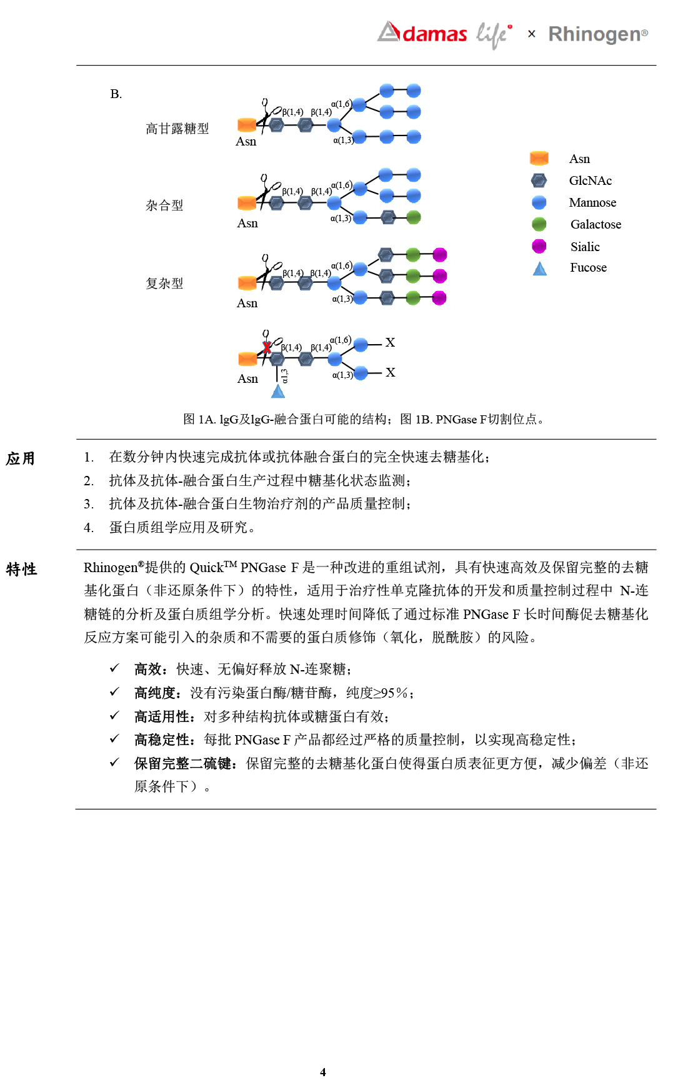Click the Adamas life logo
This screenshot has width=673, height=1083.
pyautogui.click(x=444, y=34)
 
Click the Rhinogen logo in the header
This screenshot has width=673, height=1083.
pyautogui.click(x=597, y=34)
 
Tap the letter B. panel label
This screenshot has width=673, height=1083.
pyautogui.click(x=116, y=94)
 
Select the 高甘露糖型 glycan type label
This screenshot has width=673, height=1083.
pyautogui.click(x=177, y=129)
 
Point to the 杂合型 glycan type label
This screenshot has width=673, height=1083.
pyautogui.click(x=164, y=205)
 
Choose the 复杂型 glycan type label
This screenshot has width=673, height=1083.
pyautogui.click(x=164, y=284)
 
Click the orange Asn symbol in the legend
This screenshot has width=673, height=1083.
pyautogui.click(x=539, y=159)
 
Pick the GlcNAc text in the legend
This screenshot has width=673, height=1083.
pyautogui.click(x=590, y=180)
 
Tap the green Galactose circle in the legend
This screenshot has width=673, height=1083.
pyautogui.click(x=539, y=224)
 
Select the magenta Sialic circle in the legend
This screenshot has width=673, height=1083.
pyautogui.click(x=539, y=246)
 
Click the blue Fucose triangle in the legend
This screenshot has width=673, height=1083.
pyautogui.click(x=539, y=269)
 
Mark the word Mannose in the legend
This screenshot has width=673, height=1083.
pyautogui.click(x=592, y=202)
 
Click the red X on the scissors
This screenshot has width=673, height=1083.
pyautogui.click(x=267, y=347)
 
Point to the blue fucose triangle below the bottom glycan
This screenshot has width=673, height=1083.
pyautogui.click(x=278, y=392)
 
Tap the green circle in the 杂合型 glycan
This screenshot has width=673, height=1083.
pyautogui.click(x=413, y=217)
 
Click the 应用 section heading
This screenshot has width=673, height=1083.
pyautogui.click(x=21, y=459)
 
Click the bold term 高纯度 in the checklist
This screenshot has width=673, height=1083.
pyautogui.click(x=154, y=693)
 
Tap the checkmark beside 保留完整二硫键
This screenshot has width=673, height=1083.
pyautogui.click(x=114, y=763)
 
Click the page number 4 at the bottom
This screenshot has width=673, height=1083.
pyautogui.click(x=322, y=1072)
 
